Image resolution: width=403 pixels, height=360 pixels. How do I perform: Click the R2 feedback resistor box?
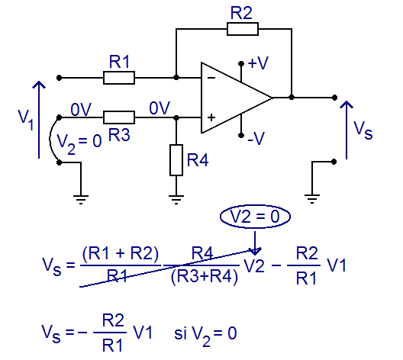pyautogui.click(x=243, y=29)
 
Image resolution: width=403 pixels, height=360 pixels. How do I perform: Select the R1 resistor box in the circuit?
pyautogui.click(x=119, y=78)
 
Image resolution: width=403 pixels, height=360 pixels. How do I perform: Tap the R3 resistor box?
pyautogui.click(x=119, y=117)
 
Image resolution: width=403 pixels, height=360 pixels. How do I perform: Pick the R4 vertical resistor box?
pyautogui.click(x=176, y=160)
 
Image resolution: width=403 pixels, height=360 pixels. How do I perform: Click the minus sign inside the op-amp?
pyautogui.click(x=211, y=78)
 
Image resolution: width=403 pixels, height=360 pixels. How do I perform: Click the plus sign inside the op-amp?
pyautogui.click(x=211, y=117)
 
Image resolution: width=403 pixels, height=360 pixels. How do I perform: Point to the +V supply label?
pyautogui.click(x=258, y=63)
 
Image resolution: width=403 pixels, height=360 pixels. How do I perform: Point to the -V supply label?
pyautogui.click(x=256, y=139)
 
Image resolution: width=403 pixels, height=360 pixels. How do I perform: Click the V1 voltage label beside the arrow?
pyautogui.click(x=26, y=120)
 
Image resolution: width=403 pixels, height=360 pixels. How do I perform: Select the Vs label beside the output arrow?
pyautogui.click(x=363, y=130)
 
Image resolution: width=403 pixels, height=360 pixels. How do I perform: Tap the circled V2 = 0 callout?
pyautogui.click(x=255, y=216)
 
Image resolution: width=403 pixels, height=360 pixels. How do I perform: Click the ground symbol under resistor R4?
pyautogui.click(x=176, y=200)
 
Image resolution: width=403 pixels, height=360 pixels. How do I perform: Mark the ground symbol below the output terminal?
pyautogui.click(x=312, y=199)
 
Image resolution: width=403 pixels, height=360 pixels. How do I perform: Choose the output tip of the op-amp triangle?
pyautogui.click(x=272, y=98)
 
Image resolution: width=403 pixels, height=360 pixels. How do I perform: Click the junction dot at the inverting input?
pyautogui.click(x=176, y=77)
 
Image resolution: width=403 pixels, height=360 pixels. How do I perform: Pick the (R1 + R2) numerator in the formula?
pyautogui.click(x=121, y=254)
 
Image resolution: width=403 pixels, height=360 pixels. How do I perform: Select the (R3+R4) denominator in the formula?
pyautogui.click(x=205, y=278)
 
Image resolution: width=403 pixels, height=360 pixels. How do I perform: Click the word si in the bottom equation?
pyautogui.click(x=180, y=333)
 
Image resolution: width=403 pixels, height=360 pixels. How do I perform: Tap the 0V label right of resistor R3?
pyautogui.click(x=160, y=108)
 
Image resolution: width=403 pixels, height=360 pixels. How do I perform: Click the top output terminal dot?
pyautogui.click(x=334, y=98)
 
